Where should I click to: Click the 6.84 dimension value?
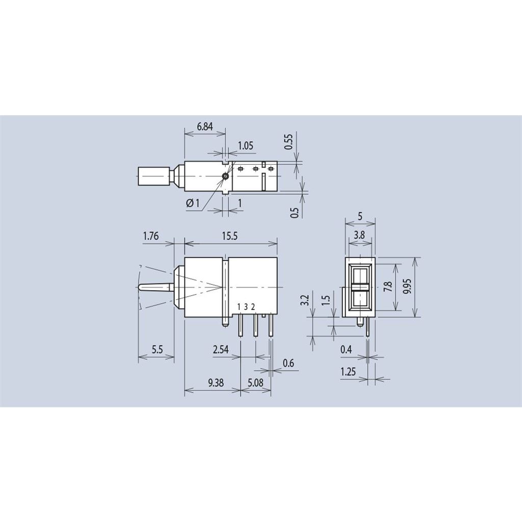click(x=205, y=126)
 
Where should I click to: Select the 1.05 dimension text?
click(x=245, y=145)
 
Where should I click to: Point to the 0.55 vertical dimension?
click(x=289, y=142)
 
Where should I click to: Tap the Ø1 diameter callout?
click(x=192, y=203)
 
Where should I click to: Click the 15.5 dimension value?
click(x=230, y=236)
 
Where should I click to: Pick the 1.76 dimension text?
click(x=151, y=236)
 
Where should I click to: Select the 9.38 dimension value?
click(x=216, y=382)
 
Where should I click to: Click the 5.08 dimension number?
click(x=256, y=382)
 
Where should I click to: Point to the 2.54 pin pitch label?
click(x=221, y=350)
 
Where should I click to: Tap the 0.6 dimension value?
click(x=289, y=362)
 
